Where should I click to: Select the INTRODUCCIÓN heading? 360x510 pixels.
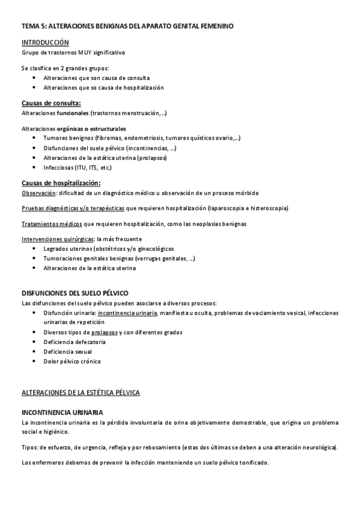pyautogui.click(x=45, y=43)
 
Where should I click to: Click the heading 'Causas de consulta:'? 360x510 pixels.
pyautogui.click(x=50, y=103)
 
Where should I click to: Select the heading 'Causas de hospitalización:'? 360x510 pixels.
pyautogui.click(x=61, y=183)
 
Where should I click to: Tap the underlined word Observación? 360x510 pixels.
pyautogui.click(x=38, y=193)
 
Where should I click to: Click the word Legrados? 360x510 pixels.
pyautogui.click(x=56, y=248)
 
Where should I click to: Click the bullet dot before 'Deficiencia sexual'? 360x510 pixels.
pyautogui.click(x=36, y=352)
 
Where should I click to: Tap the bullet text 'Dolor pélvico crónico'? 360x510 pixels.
pyautogui.click(x=72, y=361)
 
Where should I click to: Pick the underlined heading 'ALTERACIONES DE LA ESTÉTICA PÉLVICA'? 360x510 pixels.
pyautogui.click(x=81, y=392)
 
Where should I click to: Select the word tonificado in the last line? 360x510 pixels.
pyautogui.click(x=254, y=462)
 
